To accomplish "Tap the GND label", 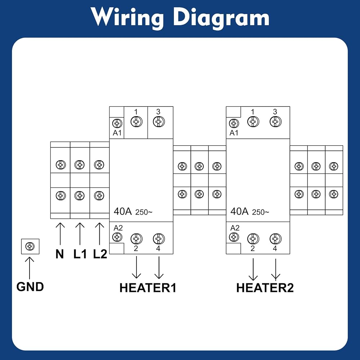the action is [30, 287].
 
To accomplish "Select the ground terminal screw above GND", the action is [30, 246].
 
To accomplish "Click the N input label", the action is [60, 254].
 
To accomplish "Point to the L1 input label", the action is [80, 254].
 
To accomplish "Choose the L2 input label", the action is [100, 254].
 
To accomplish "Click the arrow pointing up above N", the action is [60, 234].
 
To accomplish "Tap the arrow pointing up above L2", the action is [99, 234].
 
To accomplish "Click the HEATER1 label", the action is [148, 288].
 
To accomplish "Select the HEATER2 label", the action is [265, 288].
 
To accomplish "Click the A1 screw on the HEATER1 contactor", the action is [117, 123].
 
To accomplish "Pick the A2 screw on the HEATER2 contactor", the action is [234, 237].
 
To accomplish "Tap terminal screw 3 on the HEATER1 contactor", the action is [159, 121].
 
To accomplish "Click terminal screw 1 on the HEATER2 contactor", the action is [253, 121].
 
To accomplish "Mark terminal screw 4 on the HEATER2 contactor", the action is [275, 239].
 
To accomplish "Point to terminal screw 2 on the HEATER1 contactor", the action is [136, 239].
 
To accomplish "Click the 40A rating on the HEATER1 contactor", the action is [123, 211].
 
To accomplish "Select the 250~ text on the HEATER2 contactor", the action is [261, 212].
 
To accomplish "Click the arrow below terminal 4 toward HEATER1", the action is [159, 267].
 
